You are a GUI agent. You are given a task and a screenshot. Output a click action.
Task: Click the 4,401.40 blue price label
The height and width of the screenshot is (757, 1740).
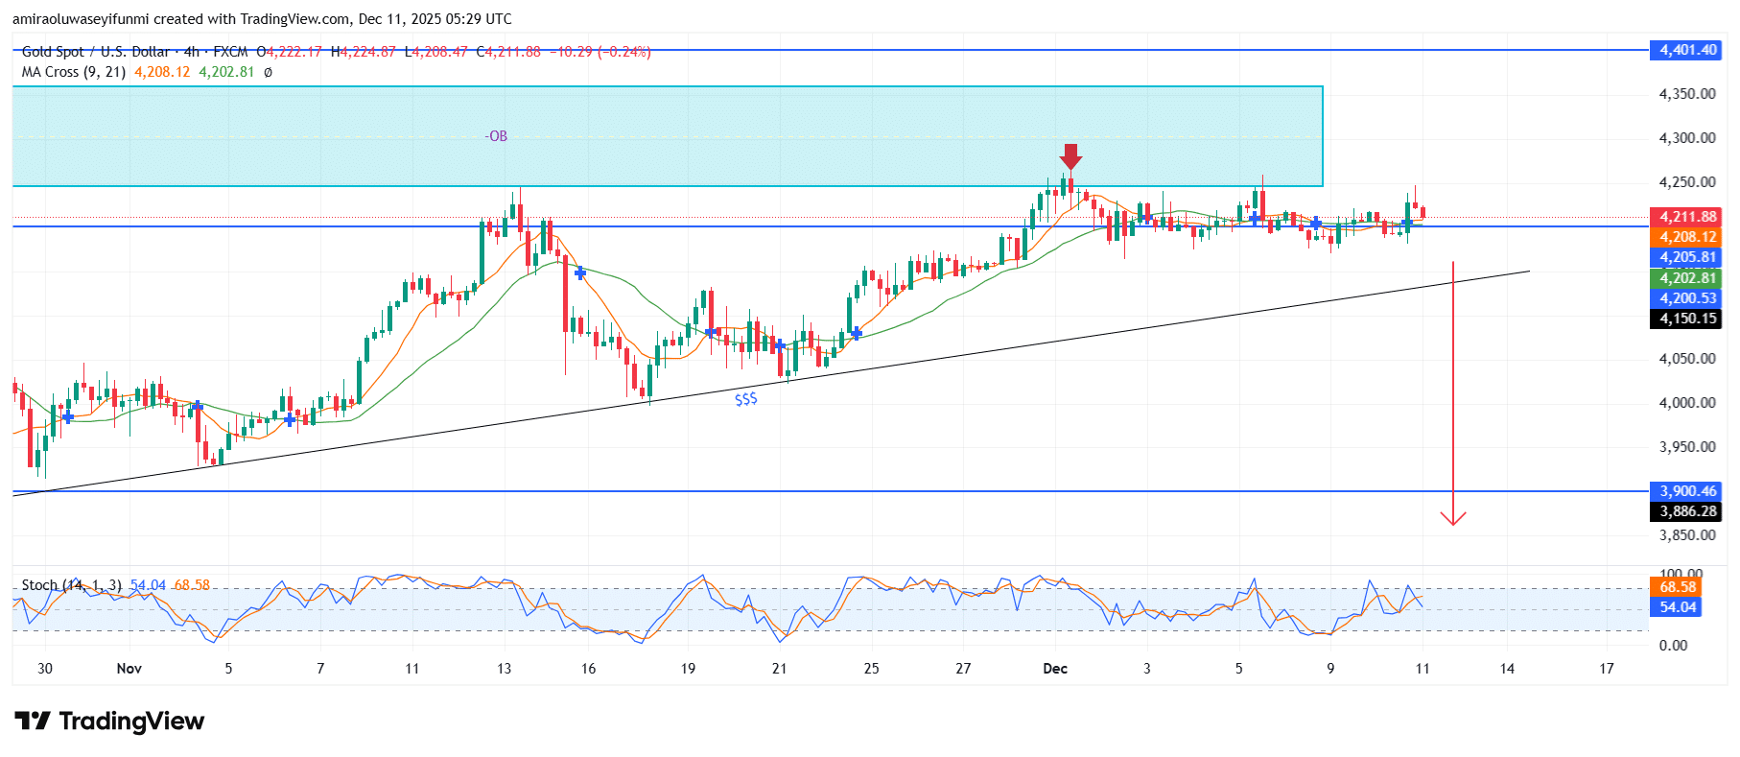[1687, 50]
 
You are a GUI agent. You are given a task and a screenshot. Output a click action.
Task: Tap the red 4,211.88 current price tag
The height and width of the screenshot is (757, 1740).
[1687, 217]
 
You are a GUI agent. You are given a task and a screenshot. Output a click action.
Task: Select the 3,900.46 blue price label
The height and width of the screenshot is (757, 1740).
[1687, 491]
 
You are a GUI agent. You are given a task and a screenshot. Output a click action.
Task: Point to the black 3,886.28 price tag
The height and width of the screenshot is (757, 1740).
[1687, 511]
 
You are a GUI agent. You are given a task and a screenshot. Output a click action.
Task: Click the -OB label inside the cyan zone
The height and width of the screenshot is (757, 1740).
[496, 136]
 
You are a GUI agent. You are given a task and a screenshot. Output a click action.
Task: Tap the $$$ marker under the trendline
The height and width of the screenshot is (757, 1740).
[745, 399]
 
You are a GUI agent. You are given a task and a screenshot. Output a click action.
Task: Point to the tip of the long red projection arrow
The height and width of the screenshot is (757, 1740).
[1453, 524]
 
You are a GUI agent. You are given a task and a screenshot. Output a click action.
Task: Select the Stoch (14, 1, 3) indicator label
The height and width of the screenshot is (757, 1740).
[71, 585]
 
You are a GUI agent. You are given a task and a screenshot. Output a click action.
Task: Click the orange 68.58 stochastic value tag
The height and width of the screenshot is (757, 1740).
[1678, 587]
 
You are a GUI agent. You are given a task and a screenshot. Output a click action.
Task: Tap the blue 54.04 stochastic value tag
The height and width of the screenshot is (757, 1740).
[1678, 607]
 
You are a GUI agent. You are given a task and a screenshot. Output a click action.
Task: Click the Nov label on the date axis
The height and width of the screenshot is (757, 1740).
[129, 669]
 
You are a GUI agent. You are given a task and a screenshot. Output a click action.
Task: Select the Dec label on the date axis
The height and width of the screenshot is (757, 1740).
[1055, 669]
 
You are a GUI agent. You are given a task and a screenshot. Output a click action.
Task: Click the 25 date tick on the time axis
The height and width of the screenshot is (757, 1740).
[871, 669]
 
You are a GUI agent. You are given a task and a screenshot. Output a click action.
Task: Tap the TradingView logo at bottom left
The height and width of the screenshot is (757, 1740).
[109, 722]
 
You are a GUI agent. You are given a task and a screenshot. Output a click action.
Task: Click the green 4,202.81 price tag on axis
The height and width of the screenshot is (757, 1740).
[1687, 278]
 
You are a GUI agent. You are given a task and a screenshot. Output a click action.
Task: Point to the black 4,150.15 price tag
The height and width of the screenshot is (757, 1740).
[1687, 319]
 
